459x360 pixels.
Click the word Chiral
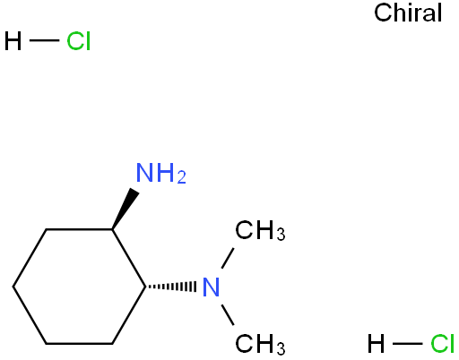click(x=408, y=13)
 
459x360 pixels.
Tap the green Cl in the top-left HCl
click(x=78, y=41)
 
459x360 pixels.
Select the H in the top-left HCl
click(x=13, y=41)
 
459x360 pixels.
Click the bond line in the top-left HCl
click(x=44, y=40)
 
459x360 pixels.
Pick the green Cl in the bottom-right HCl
click(x=442, y=344)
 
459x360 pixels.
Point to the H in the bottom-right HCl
click(x=376, y=344)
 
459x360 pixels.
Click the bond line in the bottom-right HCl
click(x=407, y=344)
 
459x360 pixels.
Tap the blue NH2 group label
click(x=161, y=173)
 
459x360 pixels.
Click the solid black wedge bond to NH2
click(x=126, y=209)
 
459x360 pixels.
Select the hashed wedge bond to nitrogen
click(x=170, y=287)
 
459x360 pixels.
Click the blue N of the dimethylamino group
click(x=211, y=287)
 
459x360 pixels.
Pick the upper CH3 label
click(x=260, y=230)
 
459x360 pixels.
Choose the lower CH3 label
click(x=260, y=344)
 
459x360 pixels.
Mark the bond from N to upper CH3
click(x=228, y=258)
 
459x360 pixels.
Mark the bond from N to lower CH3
click(x=228, y=314)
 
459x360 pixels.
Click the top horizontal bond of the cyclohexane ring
click(x=79, y=229)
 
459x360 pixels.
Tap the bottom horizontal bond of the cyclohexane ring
click(x=79, y=344)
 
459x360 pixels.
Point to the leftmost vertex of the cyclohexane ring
click(x=13, y=287)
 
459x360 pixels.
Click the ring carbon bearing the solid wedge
click(x=112, y=229)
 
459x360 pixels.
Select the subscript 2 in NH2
click(x=182, y=178)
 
